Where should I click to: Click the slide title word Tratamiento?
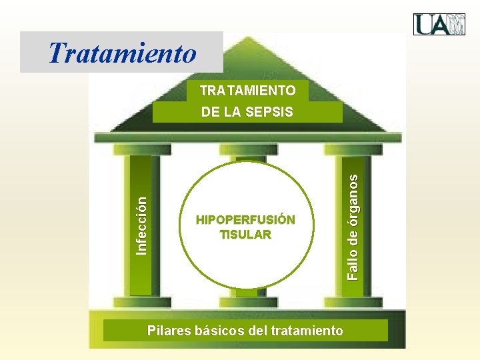point(123,52)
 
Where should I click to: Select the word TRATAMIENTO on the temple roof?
point(247,89)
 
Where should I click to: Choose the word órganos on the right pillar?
point(353,199)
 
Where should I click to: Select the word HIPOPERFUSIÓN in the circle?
point(245,220)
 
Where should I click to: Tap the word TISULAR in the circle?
point(245,235)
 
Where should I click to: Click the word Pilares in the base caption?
point(167,330)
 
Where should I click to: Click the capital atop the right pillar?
point(353,148)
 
